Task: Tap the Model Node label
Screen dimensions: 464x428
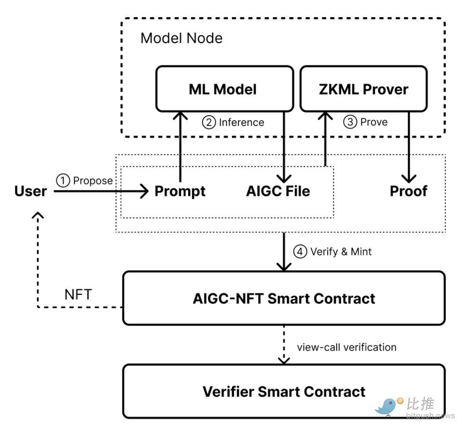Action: [x=181, y=38]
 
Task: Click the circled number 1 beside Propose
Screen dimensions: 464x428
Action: [x=63, y=180]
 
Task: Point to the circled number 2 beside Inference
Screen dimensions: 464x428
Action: [x=209, y=122]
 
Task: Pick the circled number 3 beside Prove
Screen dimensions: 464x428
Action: [x=350, y=122]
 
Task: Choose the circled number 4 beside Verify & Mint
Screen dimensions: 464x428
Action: [x=300, y=252]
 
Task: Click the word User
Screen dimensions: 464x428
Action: [x=31, y=191]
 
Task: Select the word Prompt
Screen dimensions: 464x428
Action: [x=180, y=191]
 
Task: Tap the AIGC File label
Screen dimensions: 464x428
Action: [x=278, y=191]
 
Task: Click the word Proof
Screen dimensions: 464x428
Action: [x=408, y=191]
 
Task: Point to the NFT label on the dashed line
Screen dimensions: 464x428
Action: [x=78, y=295]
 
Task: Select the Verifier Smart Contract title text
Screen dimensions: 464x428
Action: [x=284, y=392]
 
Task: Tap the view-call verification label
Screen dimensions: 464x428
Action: [x=347, y=347]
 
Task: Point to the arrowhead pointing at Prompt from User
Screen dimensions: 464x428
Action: [x=144, y=191]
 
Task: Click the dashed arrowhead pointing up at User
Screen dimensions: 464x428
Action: [x=38, y=215]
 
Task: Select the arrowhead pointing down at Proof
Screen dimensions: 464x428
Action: [x=409, y=179]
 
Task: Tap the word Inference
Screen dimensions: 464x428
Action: [x=242, y=122]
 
